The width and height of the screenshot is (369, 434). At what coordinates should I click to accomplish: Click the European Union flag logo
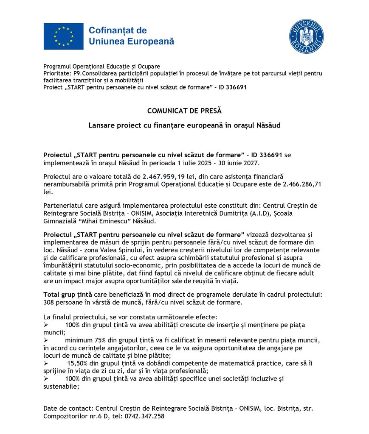63,36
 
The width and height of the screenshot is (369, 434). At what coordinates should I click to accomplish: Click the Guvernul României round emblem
306,36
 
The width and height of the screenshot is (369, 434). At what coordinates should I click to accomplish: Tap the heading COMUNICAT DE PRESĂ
184,111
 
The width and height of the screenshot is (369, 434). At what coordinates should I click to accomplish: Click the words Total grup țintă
68,295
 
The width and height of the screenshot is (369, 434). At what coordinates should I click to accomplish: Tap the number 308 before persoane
50,302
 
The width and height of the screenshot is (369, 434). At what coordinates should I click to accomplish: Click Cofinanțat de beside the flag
118,31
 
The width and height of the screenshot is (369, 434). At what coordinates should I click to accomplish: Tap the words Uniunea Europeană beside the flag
131,42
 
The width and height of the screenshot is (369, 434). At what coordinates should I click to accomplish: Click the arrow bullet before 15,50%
46,363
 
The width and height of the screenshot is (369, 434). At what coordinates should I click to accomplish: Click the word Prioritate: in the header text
58,73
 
